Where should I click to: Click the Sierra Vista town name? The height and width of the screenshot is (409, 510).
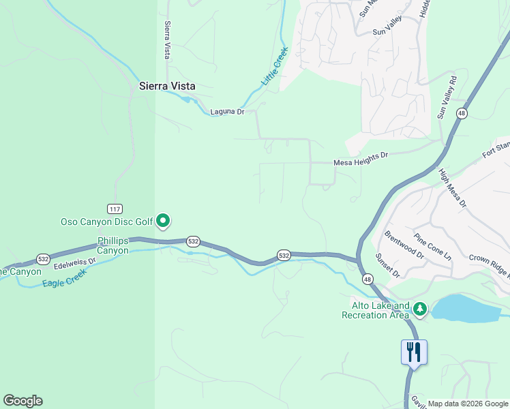[167, 87]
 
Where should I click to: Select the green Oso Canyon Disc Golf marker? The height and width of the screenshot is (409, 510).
[163, 221]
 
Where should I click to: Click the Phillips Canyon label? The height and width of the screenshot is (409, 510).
[112, 245]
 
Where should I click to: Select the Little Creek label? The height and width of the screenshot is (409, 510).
[275, 65]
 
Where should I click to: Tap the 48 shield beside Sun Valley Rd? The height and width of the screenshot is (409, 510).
[462, 113]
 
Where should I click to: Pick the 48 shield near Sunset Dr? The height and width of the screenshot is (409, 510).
[367, 279]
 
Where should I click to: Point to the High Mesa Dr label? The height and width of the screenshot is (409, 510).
[453, 188]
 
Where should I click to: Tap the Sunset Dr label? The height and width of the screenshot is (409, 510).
[387, 265]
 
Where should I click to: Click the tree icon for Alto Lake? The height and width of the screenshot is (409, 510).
[420, 310]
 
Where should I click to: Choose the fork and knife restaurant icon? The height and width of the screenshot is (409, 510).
[414, 352]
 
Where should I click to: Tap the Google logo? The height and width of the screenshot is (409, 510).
[22, 401]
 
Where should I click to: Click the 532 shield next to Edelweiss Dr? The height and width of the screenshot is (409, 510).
[44, 259]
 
